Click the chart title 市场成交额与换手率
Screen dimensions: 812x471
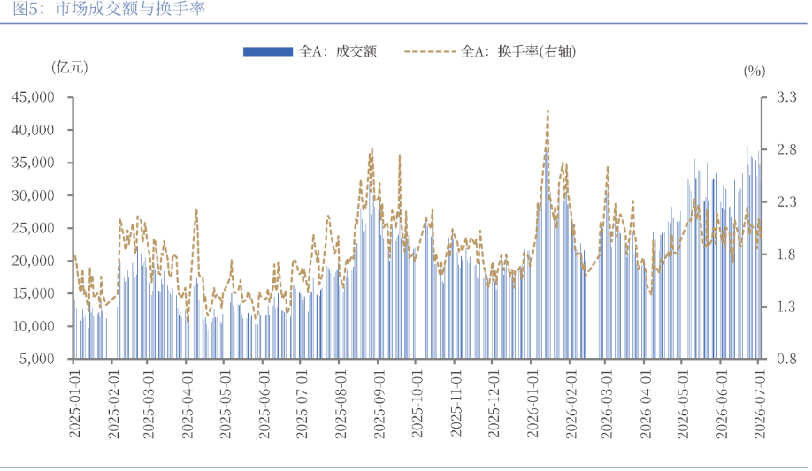(130, 8)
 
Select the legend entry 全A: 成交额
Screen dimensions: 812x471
(310, 51)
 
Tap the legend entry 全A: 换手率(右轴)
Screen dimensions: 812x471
(490, 51)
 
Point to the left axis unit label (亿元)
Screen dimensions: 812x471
(69, 67)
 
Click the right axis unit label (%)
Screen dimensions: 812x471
(754, 71)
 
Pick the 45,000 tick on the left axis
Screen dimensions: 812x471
(33, 97)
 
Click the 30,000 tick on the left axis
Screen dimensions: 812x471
(33, 195)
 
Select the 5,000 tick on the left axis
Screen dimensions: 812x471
(37, 359)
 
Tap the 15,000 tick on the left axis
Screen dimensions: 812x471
(33, 293)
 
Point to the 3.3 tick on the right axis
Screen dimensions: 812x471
(786, 97)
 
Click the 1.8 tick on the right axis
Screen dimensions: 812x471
(786, 254)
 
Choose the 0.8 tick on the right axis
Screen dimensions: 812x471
(786, 359)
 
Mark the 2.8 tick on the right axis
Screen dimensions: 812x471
(786, 149)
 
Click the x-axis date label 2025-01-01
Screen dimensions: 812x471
(75, 404)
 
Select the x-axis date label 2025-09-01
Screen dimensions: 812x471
(379, 404)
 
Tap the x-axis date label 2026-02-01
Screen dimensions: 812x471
(571, 404)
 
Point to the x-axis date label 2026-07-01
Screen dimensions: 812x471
(759, 404)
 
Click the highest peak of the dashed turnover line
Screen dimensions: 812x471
(548, 110)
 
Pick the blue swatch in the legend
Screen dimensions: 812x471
(268, 51)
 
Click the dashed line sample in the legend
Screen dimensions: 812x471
(431, 51)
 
